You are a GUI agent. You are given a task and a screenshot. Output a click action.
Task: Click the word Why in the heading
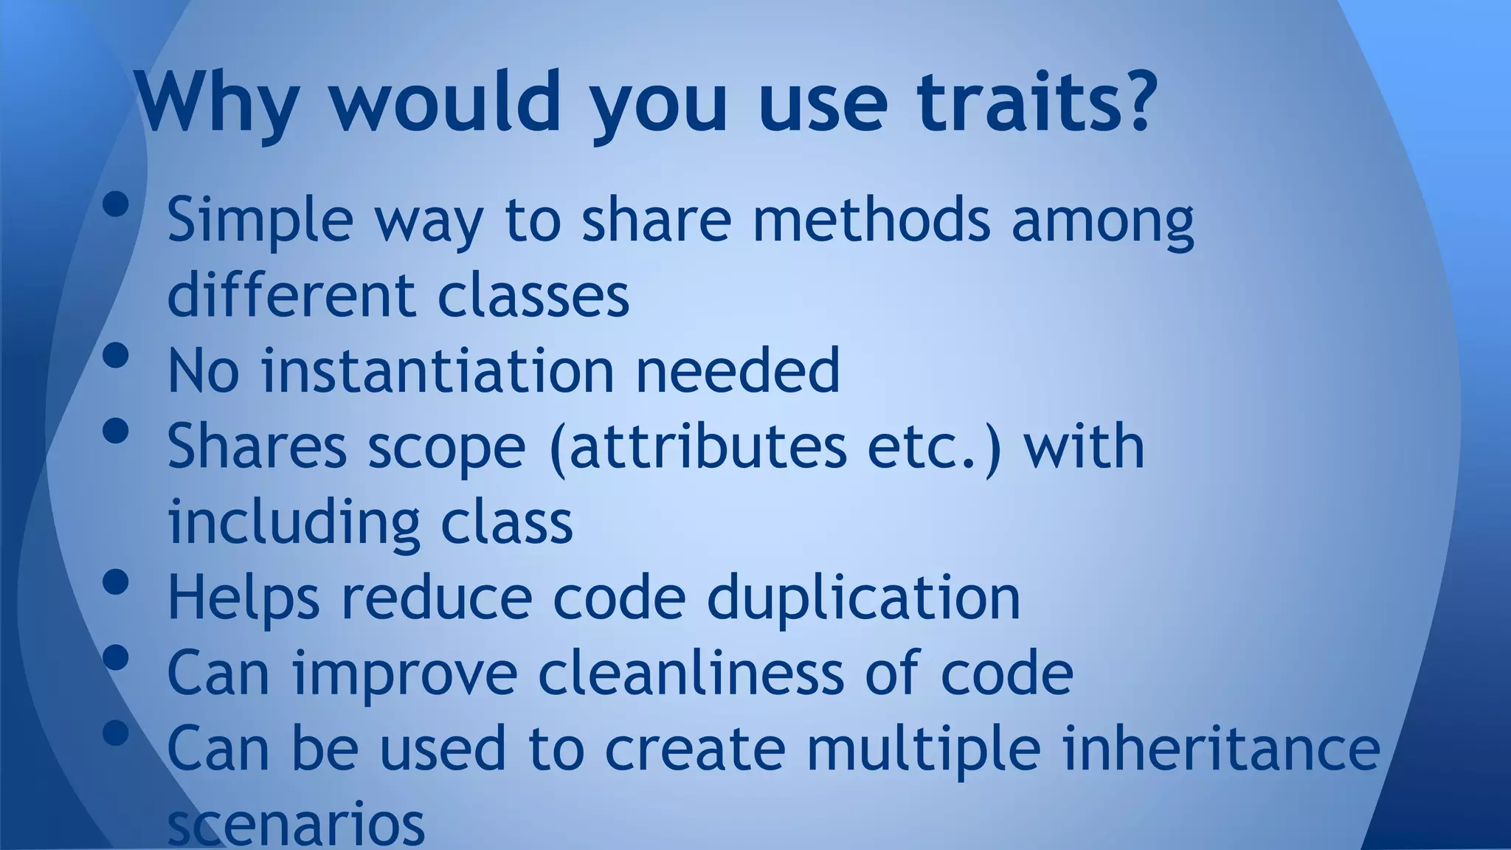(218, 103)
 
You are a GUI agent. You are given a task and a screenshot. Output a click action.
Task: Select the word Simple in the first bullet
(260, 221)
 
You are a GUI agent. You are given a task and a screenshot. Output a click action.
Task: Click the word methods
(871, 219)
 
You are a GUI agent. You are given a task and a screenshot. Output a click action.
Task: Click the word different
(291, 294)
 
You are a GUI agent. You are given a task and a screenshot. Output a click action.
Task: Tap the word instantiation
(438, 370)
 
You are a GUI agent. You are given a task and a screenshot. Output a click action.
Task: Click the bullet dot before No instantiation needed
(116, 356)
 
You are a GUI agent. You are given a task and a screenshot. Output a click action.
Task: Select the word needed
(737, 370)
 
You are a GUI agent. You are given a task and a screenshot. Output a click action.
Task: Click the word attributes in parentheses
(708, 447)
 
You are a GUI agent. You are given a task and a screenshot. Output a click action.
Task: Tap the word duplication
(863, 598)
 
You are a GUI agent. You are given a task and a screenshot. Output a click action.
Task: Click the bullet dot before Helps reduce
(116, 583)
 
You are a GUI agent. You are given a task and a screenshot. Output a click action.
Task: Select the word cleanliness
(691, 673)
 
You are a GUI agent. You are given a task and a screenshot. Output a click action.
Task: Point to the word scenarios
(296, 824)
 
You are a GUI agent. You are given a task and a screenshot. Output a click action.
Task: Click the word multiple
(923, 750)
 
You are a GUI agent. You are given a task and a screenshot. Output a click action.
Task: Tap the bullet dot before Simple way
(116, 205)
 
